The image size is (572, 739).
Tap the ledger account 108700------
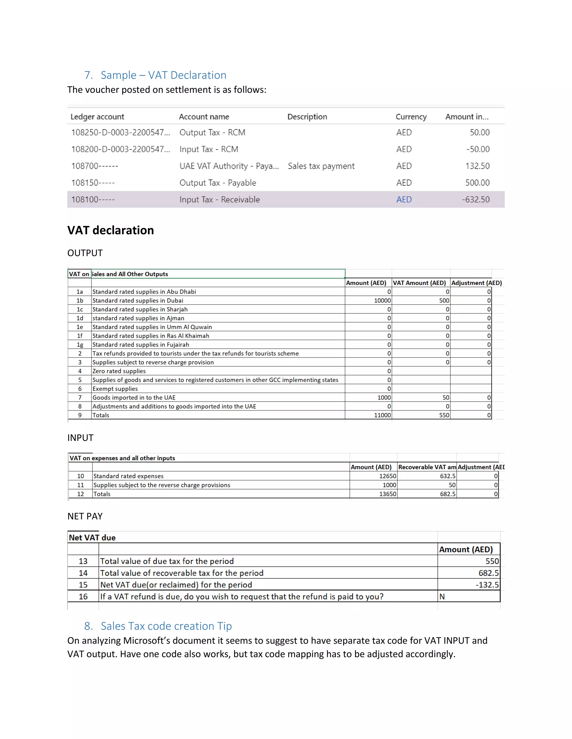coord(95,166)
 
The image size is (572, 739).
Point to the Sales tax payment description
coord(321,166)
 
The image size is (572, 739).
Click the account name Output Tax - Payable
coord(218,183)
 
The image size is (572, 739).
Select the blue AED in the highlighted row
coord(404,200)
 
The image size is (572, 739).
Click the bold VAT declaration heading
coord(111,230)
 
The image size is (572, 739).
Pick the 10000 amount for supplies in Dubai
coord(382,300)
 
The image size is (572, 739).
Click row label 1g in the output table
coord(80,344)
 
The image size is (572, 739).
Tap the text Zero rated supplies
coord(119,371)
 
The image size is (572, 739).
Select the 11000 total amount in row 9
coord(382,415)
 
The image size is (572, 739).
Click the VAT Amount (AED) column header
coord(419,283)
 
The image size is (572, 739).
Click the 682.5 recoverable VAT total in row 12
coord(448,494)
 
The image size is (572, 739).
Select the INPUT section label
coord(80,438)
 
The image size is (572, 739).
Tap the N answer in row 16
coord(442,596)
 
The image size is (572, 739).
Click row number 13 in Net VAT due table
coord(83,561)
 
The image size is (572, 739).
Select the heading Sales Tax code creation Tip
coord(166,626)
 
